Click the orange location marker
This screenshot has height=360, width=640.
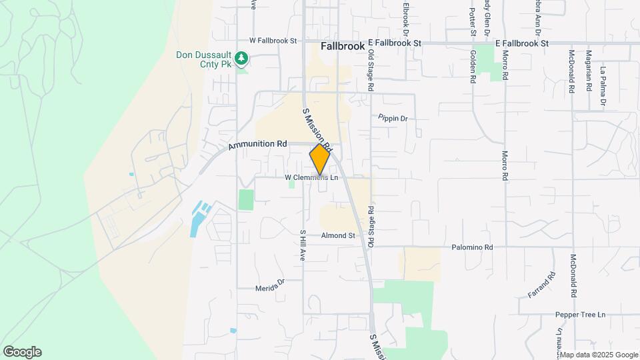pyautogui.click(x=320, y=159)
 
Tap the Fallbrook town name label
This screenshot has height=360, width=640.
pyautogui.click(x=342, y=47)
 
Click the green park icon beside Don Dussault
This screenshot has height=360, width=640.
pyautogui.click(x=242, y=59)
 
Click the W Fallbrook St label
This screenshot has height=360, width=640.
pyautogui.click(x=273, y=41)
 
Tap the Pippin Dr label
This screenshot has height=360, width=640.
pyautogui.click(x=393, y=118)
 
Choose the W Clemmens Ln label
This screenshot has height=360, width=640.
pyautogui.click(x=311, y=178)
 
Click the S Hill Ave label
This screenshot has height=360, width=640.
pyautogui.click(x=302, y=245)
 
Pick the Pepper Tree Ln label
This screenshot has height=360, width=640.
pyautogui.click(x=582, y=314)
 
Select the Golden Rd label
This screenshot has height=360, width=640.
pyautogui.click(x=473, y=67)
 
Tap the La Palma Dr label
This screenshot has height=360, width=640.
pyautogui.click(x=602, y=86)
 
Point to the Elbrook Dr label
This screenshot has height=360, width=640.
pyautogui.click(x=405, y=17)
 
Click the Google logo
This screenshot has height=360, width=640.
pyautogui.click(x=22, y=352)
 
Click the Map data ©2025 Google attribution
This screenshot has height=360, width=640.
pyautogui.click(x=600, y=355)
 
